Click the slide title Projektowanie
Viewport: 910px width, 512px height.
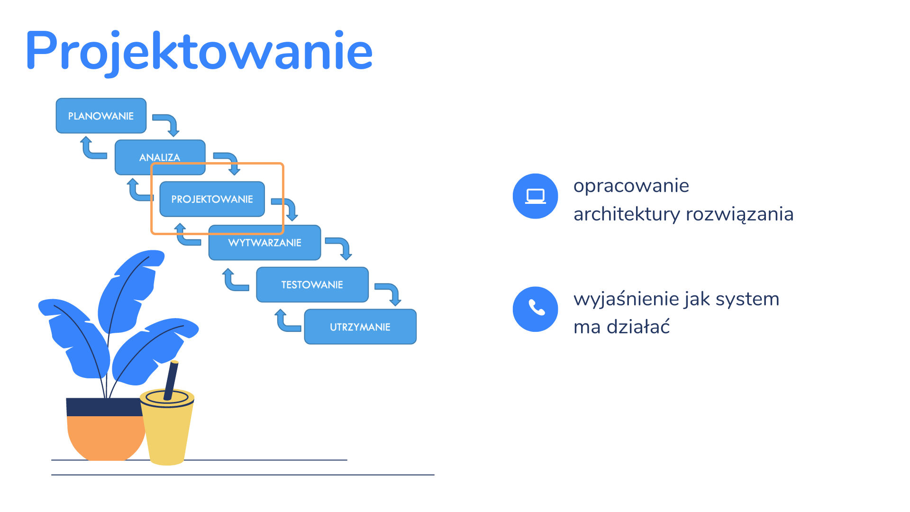pyautogui.click(x=199, y=51)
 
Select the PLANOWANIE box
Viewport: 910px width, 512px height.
pyautogui.click(x=101, y=116)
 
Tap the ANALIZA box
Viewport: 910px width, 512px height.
pyautogui.click(x=160, y=157)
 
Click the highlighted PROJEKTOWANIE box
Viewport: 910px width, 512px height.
pyautogui.click(x=212, y=199)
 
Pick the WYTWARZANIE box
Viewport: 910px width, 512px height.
pyautogui.click(x=265, y=242)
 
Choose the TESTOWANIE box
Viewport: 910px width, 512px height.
pyautogui.click(x=312, y=284)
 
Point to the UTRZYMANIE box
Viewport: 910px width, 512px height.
pyautogui.click(x=360, y=327)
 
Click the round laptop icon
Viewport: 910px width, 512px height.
pyautogui.click(x=536, y=196)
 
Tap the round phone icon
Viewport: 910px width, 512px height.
pyautogui.click(x=536, y=309)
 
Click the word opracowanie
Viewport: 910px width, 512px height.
pyautogui.click(x=631, y=186)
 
